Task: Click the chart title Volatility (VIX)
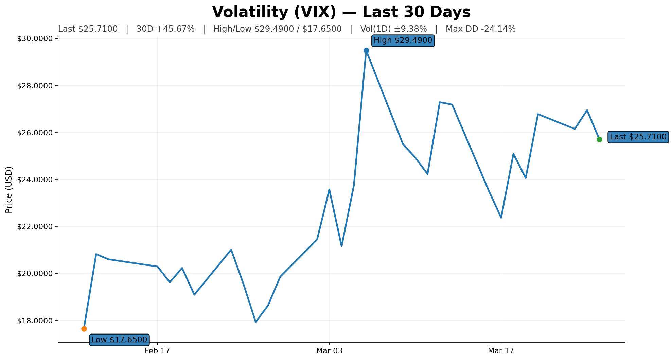341,12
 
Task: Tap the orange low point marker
84,329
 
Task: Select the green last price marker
599,139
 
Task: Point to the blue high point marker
366,50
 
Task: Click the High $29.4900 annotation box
403,41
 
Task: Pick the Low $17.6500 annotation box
119,340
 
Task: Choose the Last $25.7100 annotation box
638,137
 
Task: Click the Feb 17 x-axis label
157,350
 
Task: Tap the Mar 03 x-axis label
329,350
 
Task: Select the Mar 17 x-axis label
501,350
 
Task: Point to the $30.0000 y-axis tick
35,39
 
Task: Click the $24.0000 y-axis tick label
35,179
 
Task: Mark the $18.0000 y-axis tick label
35,321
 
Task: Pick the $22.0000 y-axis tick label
35,227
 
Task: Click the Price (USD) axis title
9,190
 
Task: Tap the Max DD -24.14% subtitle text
480,29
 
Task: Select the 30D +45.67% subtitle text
165,29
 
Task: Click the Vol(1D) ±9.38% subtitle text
393,29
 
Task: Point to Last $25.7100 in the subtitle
88,29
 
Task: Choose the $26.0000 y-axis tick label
35,133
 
